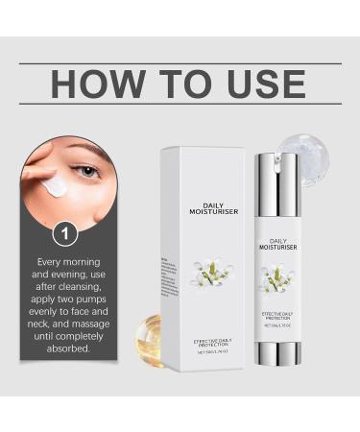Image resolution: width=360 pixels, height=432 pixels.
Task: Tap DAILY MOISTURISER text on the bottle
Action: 278,244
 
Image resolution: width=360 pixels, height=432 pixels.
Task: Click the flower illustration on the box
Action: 211,274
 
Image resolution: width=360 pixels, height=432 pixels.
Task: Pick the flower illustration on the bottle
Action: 278,278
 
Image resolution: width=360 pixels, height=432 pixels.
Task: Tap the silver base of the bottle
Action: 278,353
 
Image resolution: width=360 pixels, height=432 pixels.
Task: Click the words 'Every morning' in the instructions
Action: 67,261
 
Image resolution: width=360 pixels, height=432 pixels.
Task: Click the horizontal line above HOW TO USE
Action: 180,63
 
